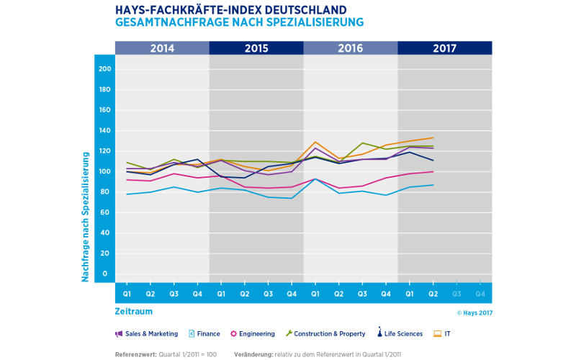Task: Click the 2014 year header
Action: pos(162,48)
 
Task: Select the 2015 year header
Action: pos(256,48)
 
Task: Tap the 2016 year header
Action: pos(351,48)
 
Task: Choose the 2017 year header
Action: pos(445,48)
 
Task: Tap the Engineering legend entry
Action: pos(252,333)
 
